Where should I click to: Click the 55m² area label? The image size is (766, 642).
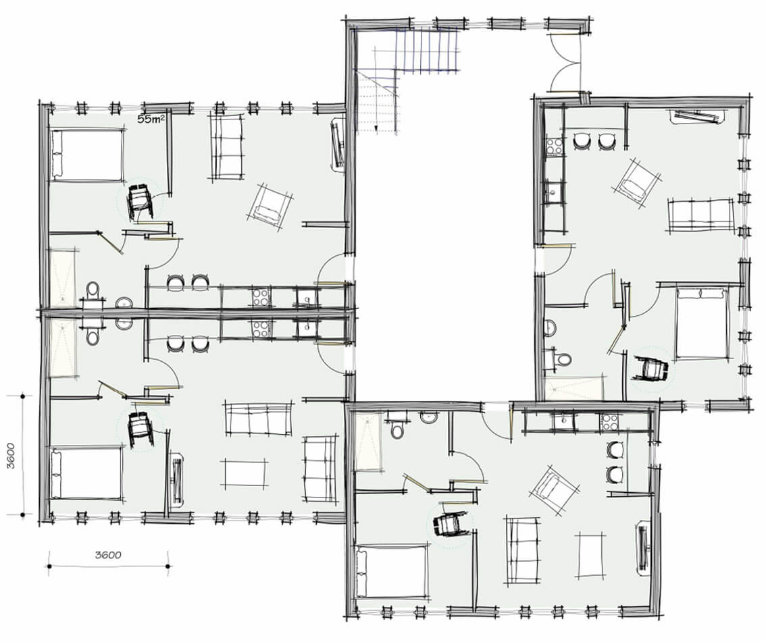[x=151, y=119]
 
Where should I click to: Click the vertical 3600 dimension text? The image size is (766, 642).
[x=11, y=455]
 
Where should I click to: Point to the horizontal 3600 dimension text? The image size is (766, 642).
[x=108, y=555]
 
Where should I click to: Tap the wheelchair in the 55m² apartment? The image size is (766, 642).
[x=141, y=201]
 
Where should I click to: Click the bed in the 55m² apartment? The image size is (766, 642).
[x=86, y=155]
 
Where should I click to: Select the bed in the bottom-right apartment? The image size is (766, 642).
[x=392, y=571]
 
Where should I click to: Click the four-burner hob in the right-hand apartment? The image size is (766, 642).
[x=553, y=146]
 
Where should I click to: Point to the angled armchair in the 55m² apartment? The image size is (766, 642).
[x=270, y=207]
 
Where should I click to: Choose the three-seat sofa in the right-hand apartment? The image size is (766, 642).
[x=701, y=216]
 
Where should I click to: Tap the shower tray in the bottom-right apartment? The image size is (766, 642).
[x=369, y=442]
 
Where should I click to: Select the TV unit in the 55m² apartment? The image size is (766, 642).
[x=338, y=144]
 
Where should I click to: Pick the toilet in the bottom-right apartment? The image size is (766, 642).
[x=397, y=428]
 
